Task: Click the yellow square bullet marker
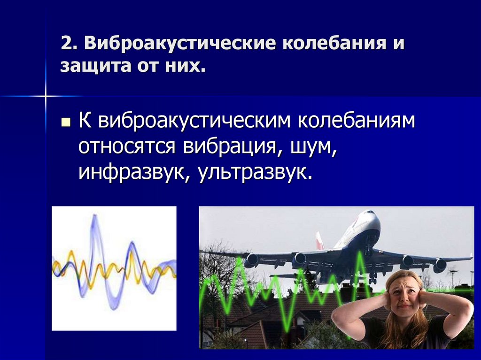[65, 123]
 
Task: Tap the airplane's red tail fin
[320, 240]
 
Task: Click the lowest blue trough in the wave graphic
[113, 307]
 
